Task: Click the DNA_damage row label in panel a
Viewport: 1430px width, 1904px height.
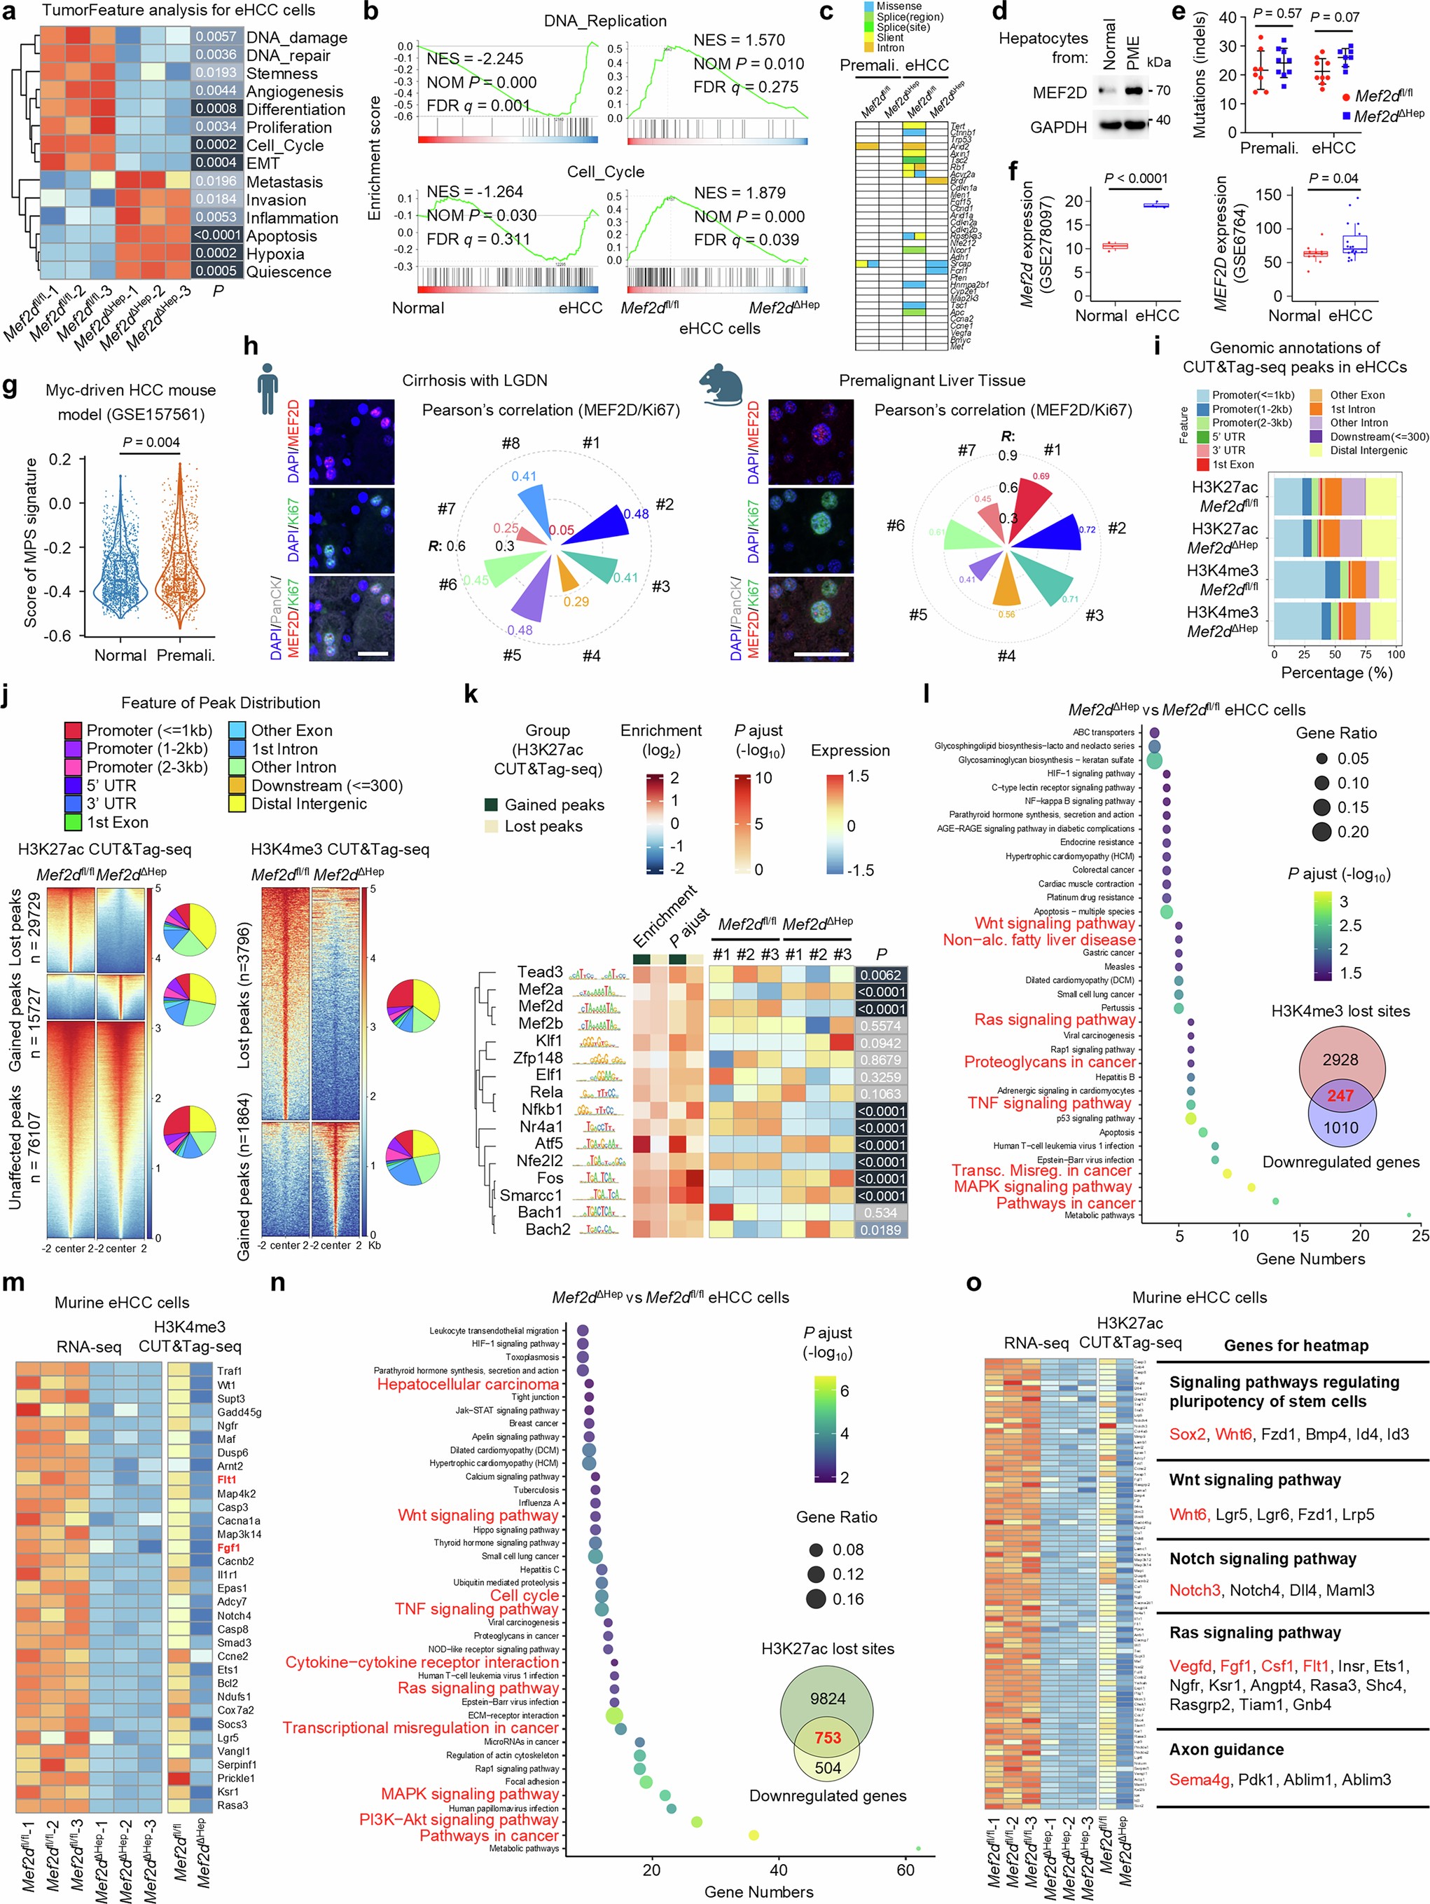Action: [x=296, y=37]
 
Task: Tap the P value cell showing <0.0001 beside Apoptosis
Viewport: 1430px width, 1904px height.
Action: [x=216, y=235]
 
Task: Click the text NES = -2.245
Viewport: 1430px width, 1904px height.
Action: [x=474, y=59]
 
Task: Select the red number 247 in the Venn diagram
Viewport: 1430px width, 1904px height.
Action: [x=1340, y=1095]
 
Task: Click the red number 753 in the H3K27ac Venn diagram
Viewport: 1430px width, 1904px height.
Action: [x=827, y=1737]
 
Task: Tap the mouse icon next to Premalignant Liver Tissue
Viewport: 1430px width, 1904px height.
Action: [x=723, y=384]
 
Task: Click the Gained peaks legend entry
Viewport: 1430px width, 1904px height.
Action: [x=553, y=804]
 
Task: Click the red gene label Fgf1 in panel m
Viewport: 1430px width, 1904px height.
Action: [x=228, y=1547]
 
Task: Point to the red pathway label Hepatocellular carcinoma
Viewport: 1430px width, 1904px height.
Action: [x=467, y=1383]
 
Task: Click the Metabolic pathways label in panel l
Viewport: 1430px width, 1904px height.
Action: [x=1099, y=1214]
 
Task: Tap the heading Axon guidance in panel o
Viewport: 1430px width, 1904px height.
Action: [x=1226, y=1748]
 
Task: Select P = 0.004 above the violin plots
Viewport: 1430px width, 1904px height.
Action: [x=151, y=442]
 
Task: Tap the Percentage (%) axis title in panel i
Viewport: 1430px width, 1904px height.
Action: [x=1335, y=672]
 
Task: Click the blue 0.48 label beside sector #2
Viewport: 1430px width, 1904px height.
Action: [x=636, y=514]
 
